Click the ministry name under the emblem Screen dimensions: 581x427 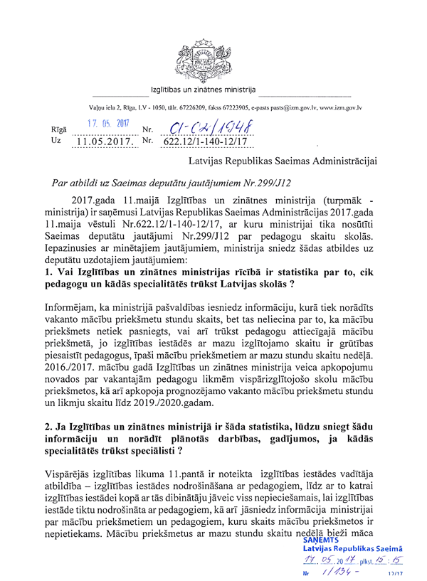click(x=203, y=91)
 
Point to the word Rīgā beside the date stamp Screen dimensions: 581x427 click(x=59, y=130)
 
